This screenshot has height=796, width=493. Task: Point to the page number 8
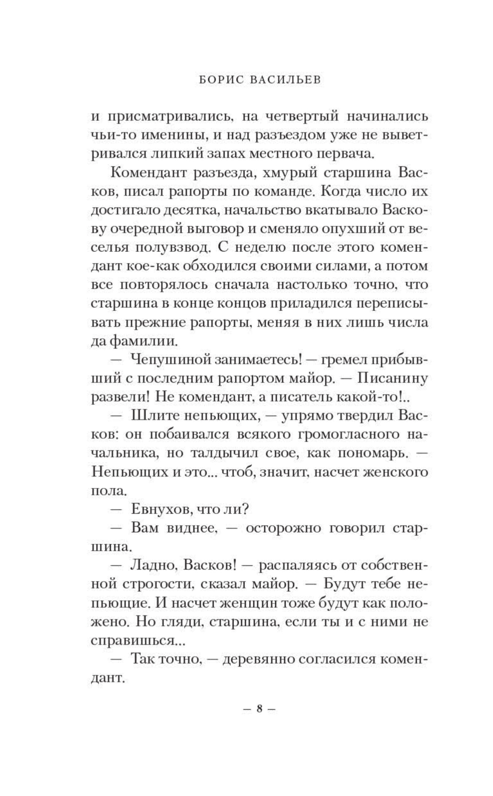tap(259, 709)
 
